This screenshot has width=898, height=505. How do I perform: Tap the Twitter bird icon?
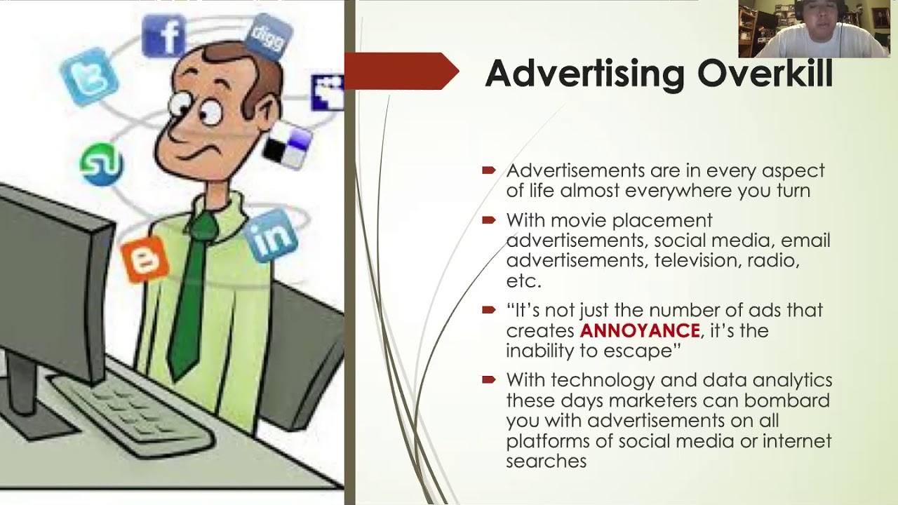point(85,76)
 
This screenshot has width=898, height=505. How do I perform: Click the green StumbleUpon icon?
point(102,164)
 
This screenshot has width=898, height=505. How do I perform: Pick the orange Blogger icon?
point(145,260)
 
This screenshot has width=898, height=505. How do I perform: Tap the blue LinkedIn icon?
point(272,236)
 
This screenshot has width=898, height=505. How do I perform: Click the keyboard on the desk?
point(133,414)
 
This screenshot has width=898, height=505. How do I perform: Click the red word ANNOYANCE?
point(640,330)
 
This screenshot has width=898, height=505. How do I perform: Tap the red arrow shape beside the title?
point(400,71)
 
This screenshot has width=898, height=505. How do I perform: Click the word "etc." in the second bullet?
point(523,281)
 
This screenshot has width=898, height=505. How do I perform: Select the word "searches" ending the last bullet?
point(546,461)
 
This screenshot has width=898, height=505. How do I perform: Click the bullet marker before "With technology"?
point(488,380)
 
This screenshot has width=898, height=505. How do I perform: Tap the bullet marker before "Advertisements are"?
point(488,170)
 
